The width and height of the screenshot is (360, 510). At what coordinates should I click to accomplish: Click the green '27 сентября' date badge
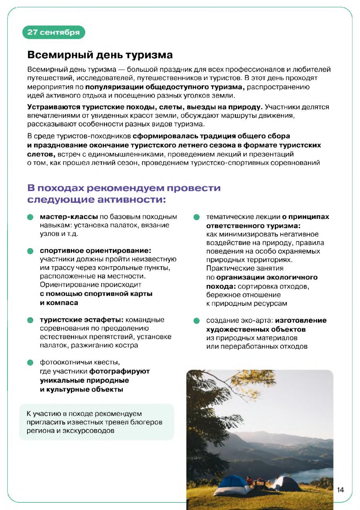54,32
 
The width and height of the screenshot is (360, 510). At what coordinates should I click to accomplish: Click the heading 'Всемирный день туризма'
100,55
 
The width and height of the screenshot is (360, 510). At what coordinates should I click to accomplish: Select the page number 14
340,490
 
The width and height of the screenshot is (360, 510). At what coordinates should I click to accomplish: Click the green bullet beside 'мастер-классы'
30,217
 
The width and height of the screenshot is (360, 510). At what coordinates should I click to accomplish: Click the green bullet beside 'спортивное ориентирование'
30,251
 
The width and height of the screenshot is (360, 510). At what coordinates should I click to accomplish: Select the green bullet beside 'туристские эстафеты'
30,320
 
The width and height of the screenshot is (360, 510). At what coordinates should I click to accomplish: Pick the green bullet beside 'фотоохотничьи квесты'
30,363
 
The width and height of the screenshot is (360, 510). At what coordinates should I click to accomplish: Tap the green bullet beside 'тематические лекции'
196,217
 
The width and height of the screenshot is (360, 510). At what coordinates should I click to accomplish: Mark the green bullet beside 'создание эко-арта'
196,321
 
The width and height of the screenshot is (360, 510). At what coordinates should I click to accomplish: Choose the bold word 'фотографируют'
119,371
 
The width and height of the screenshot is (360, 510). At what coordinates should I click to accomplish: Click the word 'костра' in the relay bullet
128,345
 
